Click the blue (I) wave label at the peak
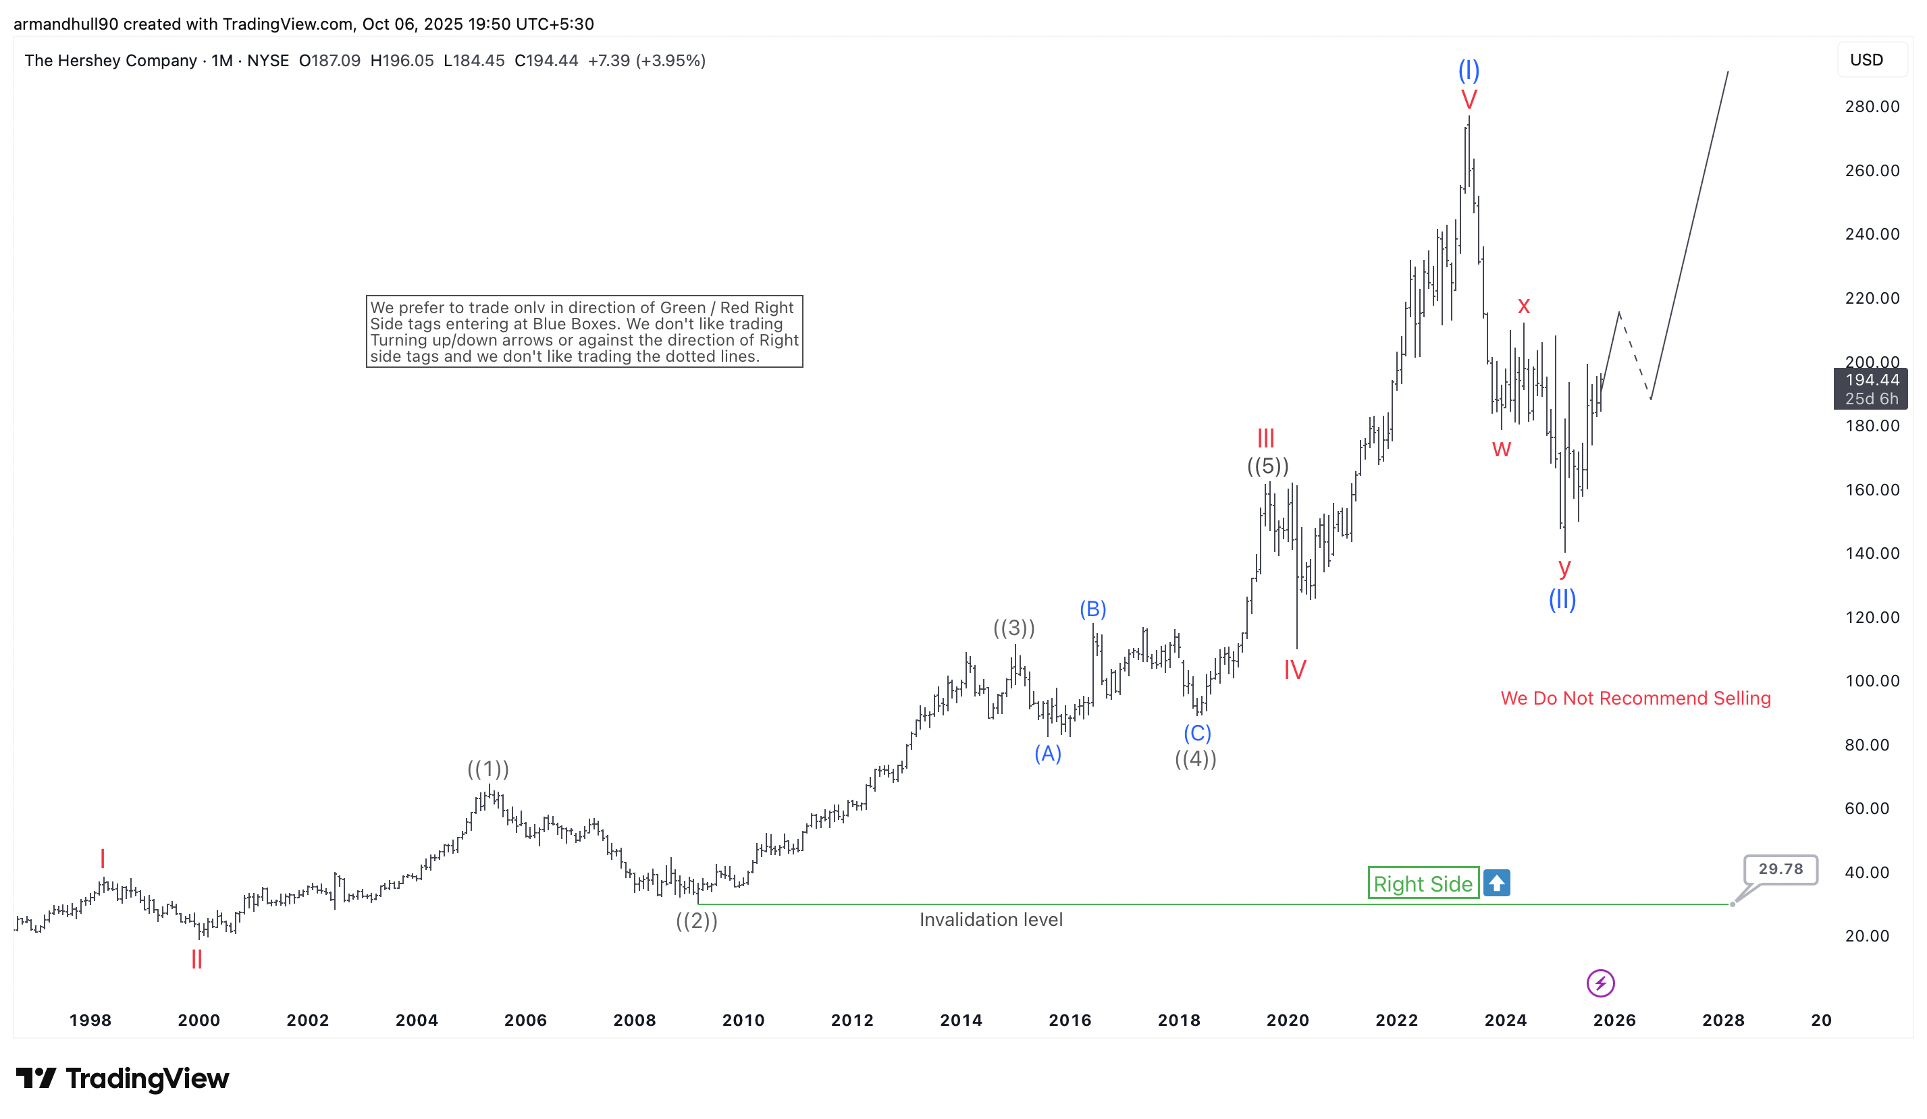(x=1468, y=70)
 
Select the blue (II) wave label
(x=1562, y=599)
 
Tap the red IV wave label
(x=1294, y=670)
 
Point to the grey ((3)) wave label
(x=1014, y=628)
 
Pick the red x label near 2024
(x=1523, y=306)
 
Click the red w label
(x=1501, y=449)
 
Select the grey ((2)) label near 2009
(x=697, y=921)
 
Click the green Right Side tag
(x=1423, y=883)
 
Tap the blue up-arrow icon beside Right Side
(x=1496, y=883)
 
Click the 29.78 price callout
(x=1780, y=869)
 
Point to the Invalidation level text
(x=991, y=919)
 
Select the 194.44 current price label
(x=1870, y=381)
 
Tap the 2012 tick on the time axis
(x=852, y=1020)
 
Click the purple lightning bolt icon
(x=1600, y=983)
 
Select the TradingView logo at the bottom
(x=122, y=1079)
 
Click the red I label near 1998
(x=103, y=858)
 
